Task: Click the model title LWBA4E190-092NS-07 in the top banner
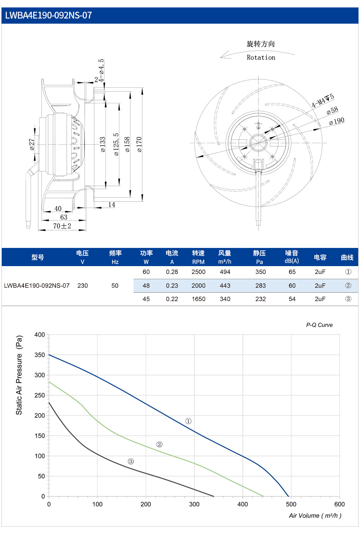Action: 48,15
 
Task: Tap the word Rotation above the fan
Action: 261,57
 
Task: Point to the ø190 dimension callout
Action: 336,121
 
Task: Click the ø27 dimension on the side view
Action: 32,144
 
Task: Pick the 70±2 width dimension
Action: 62,226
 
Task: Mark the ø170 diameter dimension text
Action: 139,144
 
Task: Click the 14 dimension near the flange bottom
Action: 112,204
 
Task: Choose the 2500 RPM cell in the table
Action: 199,272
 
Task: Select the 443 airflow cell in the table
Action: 225,286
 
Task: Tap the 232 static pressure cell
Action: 261,299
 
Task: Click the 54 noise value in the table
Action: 292,299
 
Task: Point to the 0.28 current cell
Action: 172,272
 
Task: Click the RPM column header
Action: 198,262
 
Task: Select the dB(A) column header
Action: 292,261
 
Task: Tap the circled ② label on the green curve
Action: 159,444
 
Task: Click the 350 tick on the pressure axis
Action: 40,355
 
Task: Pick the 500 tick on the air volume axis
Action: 291,504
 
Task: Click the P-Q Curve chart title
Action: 319,325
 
